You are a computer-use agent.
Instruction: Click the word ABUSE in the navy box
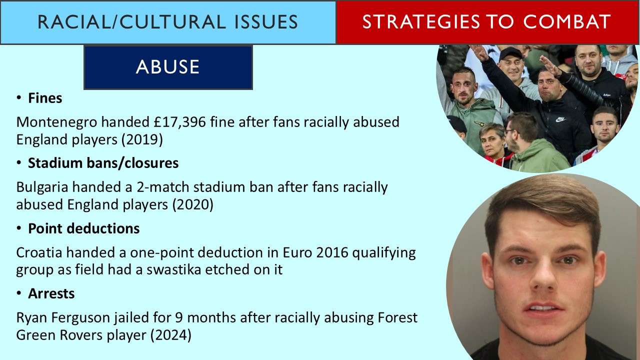167,67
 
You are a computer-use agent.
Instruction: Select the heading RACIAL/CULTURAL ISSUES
167,22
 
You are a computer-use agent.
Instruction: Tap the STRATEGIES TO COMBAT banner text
486,22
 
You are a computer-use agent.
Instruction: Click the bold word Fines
45,98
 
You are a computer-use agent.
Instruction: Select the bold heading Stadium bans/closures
103,163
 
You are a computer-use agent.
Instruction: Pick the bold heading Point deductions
83,228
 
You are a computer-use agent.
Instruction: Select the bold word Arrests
51,293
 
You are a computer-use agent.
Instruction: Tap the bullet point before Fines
19,98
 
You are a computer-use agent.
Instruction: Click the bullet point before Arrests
19,294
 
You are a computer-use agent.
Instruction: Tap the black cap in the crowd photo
510,53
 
